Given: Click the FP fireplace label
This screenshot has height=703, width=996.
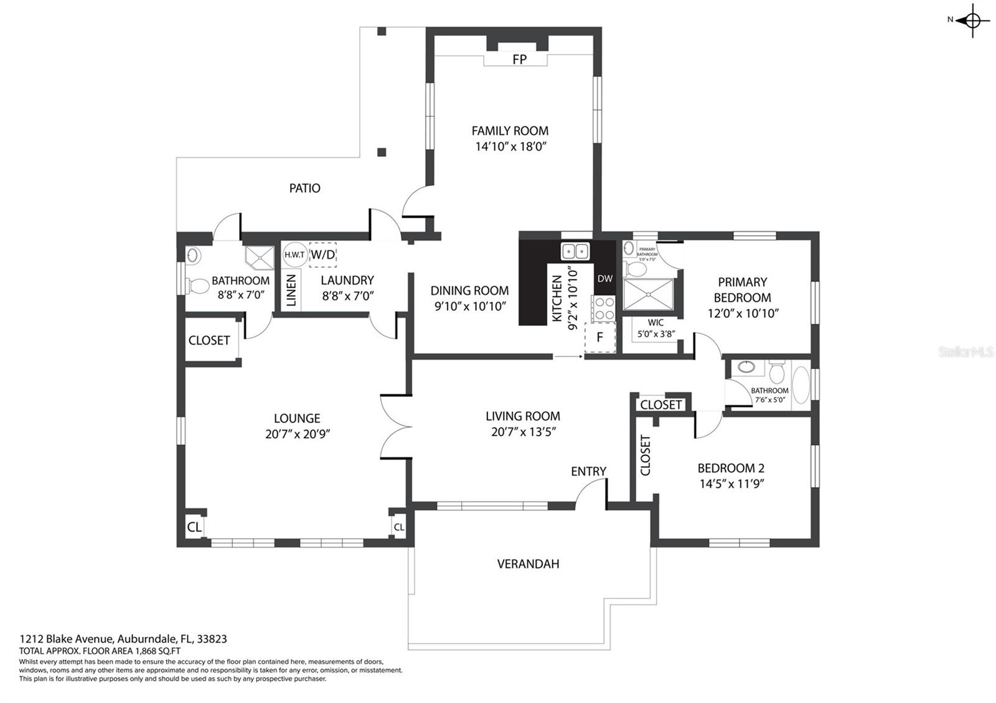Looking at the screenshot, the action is coord(519,59).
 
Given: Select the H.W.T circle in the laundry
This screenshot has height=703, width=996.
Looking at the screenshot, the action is coord(295,254).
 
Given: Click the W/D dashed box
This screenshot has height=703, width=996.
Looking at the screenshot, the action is coord(323,254).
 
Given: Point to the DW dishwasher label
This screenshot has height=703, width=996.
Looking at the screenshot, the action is coord(604,279).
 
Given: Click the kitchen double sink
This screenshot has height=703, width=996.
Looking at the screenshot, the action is coord(575,251).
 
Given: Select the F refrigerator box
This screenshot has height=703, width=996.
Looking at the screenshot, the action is coord(600,337).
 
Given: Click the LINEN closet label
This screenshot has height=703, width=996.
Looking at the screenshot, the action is coord(291,291).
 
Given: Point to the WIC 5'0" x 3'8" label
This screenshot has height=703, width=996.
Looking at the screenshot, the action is coord(656,328).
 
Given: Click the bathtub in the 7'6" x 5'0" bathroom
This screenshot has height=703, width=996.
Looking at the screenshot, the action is coord(801,385).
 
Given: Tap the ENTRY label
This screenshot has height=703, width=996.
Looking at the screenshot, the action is coord(588,472).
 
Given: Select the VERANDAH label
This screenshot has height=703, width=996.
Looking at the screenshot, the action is coord(529,564).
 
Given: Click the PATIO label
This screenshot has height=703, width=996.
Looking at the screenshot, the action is coord(304,189).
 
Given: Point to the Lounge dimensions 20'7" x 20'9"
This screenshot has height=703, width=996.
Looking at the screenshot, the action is coord(298,434).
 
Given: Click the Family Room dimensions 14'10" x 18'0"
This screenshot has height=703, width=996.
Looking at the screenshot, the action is coord(510,146).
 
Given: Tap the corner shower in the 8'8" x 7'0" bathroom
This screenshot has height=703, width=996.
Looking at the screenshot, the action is coord(260,258).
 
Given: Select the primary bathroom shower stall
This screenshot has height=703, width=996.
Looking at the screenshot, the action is coord(648,294).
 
